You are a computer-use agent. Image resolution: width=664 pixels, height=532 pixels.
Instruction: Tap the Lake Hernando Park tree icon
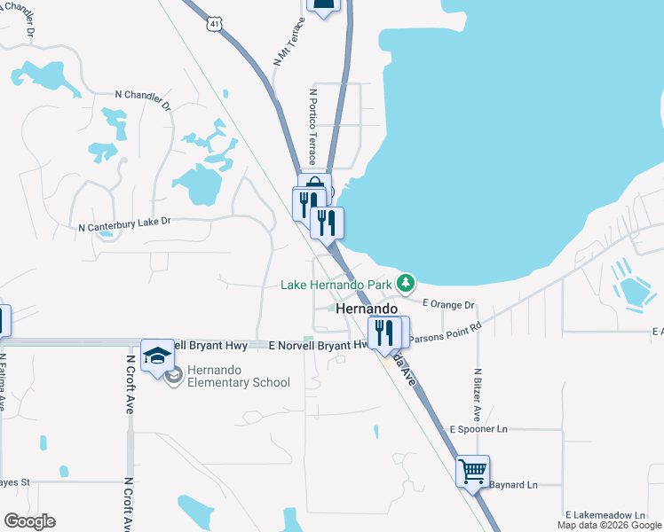pos(406,284)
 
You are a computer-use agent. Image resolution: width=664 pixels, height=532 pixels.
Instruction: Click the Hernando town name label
pos(368,308)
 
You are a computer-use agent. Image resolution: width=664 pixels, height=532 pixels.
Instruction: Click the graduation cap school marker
pos(157,356)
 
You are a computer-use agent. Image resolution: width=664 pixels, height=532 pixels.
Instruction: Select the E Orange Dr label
pos(448,303)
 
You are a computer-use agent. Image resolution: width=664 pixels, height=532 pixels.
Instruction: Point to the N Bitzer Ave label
pos(477,395)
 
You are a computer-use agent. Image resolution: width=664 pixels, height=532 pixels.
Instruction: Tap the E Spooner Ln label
pos(478,429)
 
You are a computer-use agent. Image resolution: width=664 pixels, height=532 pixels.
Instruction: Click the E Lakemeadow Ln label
pos(605,515)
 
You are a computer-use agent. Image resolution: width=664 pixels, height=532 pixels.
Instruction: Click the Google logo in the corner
pos(29,521)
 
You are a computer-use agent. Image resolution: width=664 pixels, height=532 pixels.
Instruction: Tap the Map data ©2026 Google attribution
pos(609,525)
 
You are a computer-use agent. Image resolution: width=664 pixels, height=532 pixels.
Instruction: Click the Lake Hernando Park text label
pos(336,285)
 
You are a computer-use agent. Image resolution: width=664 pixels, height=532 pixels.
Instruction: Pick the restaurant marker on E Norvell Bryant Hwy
pos(383,332)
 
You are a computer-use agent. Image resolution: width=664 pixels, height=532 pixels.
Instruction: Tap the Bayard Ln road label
pos(514,485)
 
